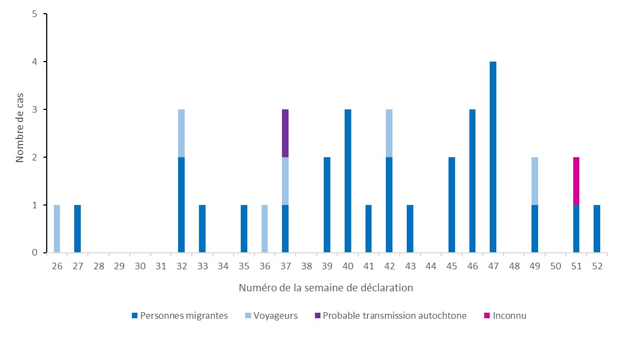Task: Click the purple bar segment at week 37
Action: pos(285,133)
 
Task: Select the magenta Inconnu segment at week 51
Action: pos(576,181)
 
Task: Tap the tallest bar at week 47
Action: pos(493,157)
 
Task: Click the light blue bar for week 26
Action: pos(57,229)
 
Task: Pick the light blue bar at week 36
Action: pos(264,229)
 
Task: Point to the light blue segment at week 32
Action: pos(181,133)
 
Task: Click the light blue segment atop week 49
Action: pos(535,181)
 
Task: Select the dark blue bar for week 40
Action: pos(347,181)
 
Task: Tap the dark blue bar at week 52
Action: pos(597,229)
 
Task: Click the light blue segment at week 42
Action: pos(389,133)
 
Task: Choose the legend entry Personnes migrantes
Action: pos(180,315)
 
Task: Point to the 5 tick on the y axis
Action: pos(34,14)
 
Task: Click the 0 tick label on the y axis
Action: pos(34,253)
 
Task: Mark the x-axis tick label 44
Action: pos(430,266)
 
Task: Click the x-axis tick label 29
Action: pos(119,266)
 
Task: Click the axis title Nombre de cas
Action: pos(20,134)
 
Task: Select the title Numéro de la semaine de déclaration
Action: pos(326,287)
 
